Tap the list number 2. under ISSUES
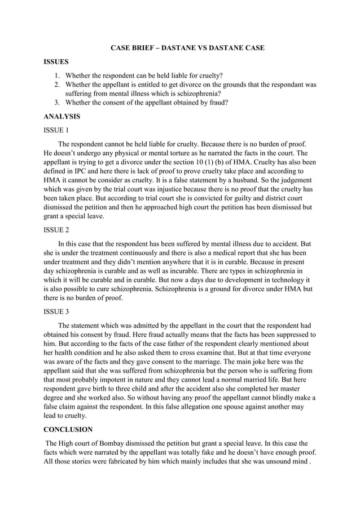tap(58, 85)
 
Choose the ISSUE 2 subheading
tap(56, 230)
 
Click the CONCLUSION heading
tap(70, 430)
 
